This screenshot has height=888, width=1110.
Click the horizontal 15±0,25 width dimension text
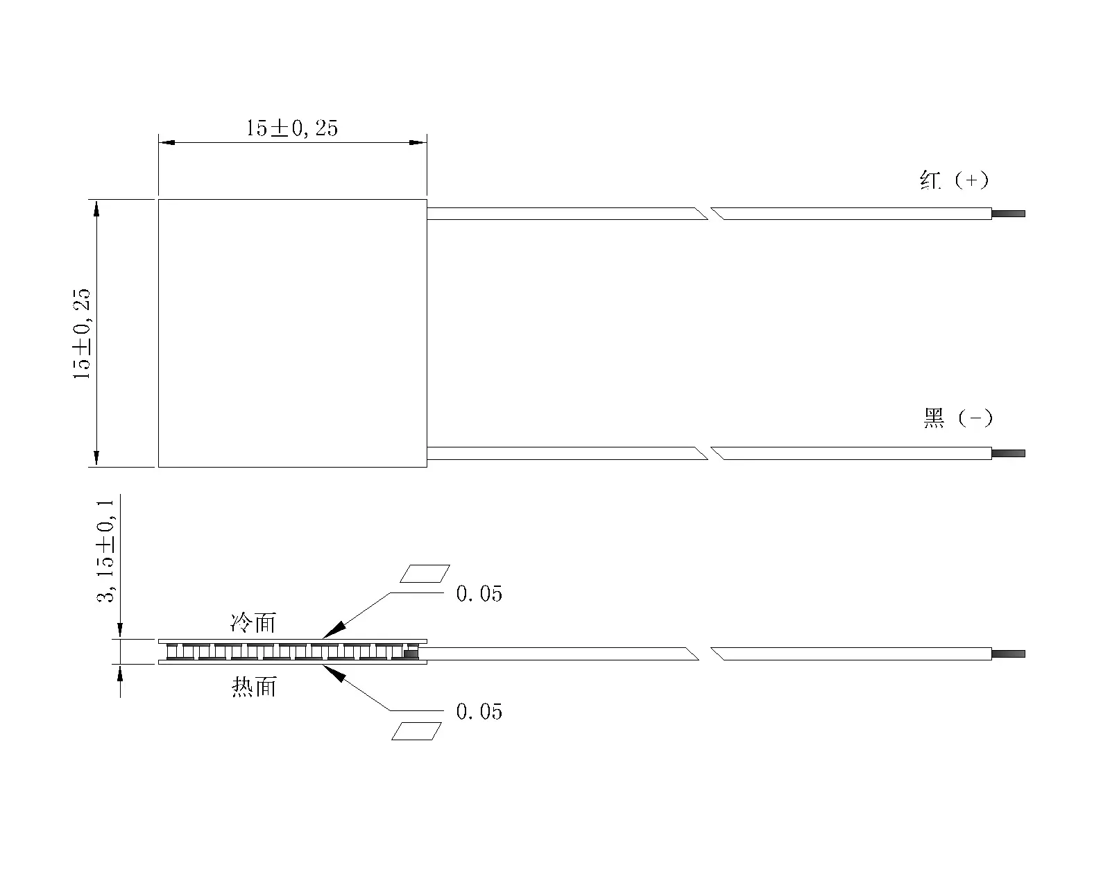(x=292, y=128)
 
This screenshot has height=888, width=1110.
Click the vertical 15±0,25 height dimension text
(x=81, y=334)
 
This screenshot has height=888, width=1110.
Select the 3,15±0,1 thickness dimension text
(x=105, y=551)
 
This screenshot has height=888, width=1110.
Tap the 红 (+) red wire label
(x=954, y=180)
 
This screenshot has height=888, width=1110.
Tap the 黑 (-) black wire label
(x=958, y=418)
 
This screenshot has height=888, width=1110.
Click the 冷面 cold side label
(x=253, y=623)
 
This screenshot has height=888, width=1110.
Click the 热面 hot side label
(x=255, y=687)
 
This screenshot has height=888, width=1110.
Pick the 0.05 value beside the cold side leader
(x=479, y=594)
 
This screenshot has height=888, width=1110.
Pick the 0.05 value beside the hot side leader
(x=479, y=712)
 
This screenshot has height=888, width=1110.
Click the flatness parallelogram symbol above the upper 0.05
(x=425, y=574)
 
